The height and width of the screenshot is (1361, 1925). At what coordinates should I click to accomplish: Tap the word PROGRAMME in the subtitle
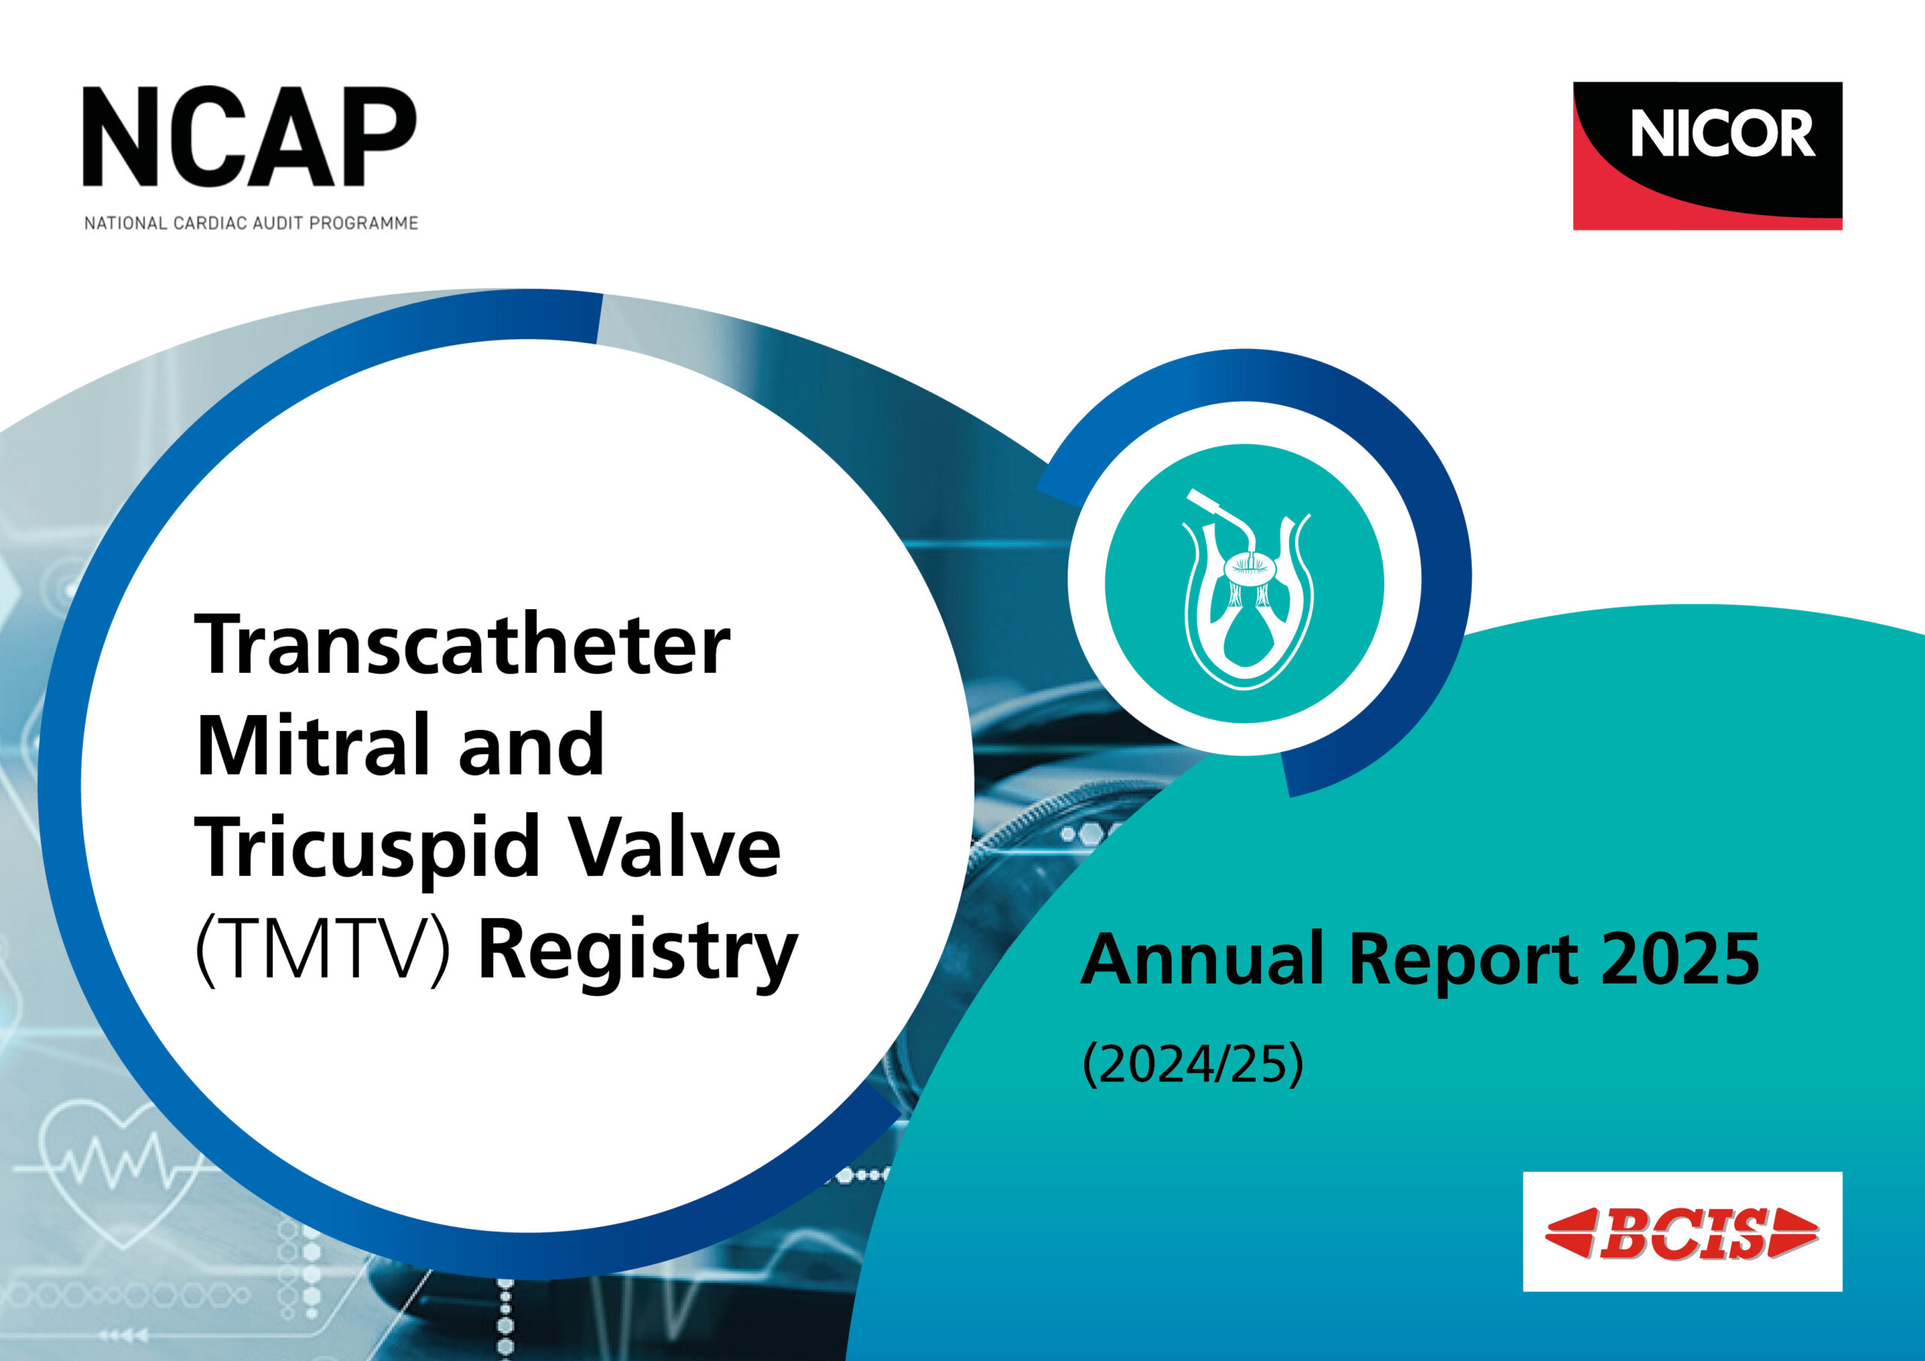pyautogui.click(x=373, y=224)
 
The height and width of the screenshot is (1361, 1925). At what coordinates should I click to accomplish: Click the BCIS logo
pyautogui.click(x=1682, y=1233)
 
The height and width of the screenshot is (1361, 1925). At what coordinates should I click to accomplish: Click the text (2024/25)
pyautogui.click(x=1193, y=1065)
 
